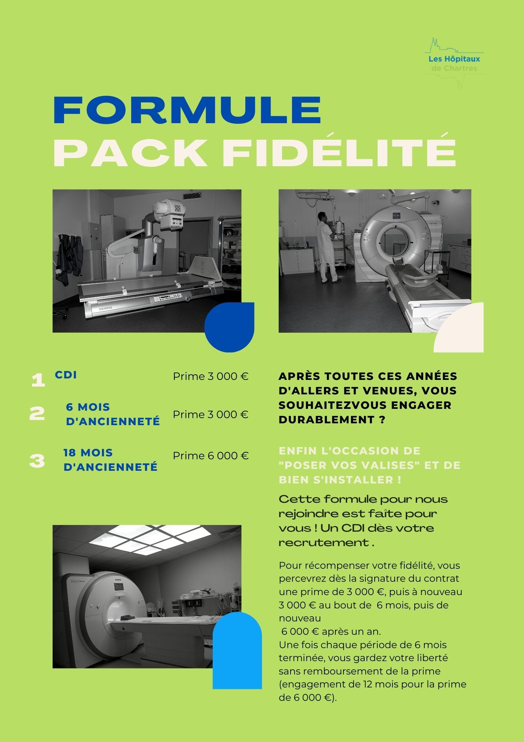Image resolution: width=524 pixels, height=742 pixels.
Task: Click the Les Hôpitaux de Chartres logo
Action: coord(454,63)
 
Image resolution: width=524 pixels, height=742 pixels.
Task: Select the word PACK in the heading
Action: coord(130,153)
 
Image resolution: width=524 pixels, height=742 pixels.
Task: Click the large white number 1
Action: coord(38,380)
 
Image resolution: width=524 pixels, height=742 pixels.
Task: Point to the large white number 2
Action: coord(37,413)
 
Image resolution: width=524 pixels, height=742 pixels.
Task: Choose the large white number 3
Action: coord(37,461)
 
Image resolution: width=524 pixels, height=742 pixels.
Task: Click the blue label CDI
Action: coord(66,375)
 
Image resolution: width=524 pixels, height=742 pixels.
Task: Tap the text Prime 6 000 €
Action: coord(210,456)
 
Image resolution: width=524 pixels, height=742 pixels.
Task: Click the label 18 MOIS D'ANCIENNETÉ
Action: coord(110,460)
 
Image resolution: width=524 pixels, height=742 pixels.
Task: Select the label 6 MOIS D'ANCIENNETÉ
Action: coord(113,414)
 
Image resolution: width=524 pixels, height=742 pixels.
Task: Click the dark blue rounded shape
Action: coord(229,327)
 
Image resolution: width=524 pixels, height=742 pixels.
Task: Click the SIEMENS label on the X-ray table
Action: coord(105,308)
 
